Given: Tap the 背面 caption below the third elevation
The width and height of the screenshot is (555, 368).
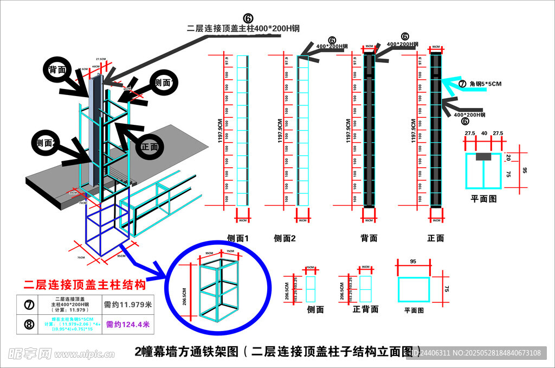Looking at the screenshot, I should coord(369,238).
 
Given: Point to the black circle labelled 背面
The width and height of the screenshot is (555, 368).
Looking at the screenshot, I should coord(57,70).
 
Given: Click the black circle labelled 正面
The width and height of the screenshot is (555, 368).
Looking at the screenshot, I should coord(150,147).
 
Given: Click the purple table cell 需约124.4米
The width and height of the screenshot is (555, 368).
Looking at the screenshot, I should coord(127,325).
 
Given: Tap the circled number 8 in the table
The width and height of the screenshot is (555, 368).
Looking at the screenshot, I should coord(29,325).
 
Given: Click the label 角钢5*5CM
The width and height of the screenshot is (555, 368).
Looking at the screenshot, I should coord(486,84).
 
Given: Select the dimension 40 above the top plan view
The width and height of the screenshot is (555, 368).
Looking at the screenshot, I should coord(483,133).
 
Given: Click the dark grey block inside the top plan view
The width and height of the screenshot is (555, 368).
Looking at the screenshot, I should coord(483,157).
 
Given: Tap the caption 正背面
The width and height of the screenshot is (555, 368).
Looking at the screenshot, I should coord(365,309).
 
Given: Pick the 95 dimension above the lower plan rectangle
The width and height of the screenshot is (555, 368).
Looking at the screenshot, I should coord(413,262).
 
